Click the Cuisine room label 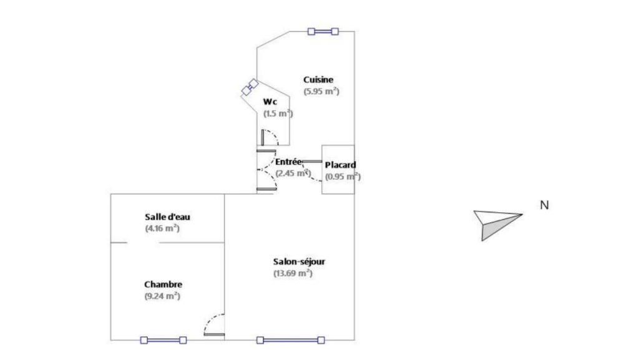coord(318,80)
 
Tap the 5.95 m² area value coord(321,91)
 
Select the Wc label coord(270,102)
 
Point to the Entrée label coord(288,162)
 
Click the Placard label coord(340,165)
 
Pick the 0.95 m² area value coord(343,177)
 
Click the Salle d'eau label coord(167,216)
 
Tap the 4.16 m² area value coord(162,228)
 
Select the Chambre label coord(163,285)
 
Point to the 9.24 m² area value coord(162,296)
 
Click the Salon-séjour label coord(299,261)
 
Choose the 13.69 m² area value coord(293,273)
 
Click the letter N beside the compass coord(544,205)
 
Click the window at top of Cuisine coord(323,31)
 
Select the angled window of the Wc coord(250,87)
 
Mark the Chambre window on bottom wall coord(163,340)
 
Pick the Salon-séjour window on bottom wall coord(291,340)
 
